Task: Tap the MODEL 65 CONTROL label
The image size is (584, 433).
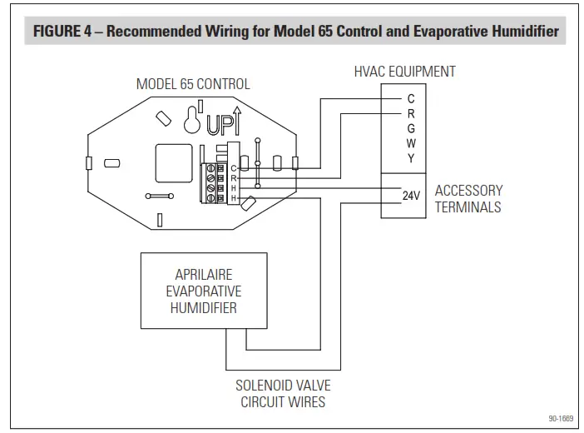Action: (193, 84)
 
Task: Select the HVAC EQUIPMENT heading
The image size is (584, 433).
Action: (404, 72)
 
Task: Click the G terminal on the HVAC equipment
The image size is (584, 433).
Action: (411, 128)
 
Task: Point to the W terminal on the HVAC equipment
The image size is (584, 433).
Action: (411, 143)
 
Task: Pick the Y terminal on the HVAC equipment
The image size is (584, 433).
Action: (411, 158)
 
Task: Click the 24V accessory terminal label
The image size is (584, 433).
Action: (411, 197)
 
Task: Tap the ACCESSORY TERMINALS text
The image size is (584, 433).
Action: (468, 198)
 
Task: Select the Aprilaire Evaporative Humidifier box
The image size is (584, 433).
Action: (203, 291)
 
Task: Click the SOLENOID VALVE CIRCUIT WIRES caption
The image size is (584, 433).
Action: (282, 394)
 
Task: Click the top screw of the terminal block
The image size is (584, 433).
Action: (210, 169)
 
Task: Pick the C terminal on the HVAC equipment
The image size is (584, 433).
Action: (411, 99)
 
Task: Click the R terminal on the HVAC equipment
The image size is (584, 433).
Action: (411, 113)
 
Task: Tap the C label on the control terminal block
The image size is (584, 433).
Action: (234, 169)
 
